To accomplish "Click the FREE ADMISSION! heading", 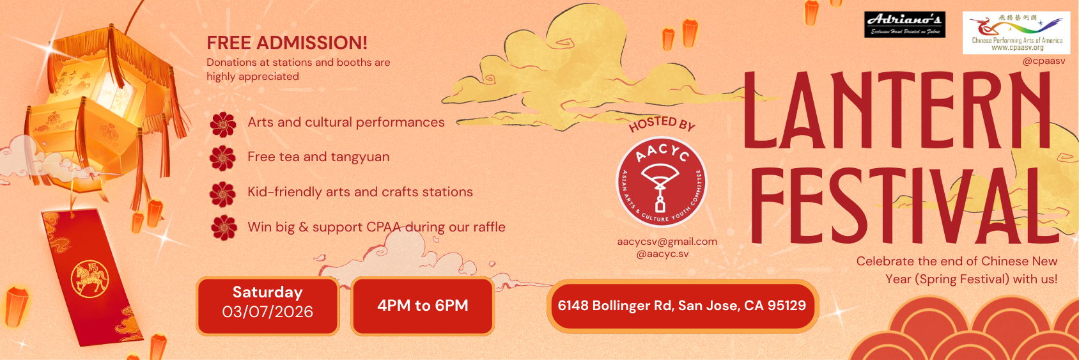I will [287, 43].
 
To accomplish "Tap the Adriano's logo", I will [904, 24].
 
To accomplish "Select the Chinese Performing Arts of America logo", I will [1016, 33].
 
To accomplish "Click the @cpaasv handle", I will [1043, 61].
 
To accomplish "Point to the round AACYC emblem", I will [661, 182].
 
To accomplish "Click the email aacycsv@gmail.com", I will [667, 242].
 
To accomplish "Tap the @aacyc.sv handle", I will [662, 254].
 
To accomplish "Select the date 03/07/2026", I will [267, 312].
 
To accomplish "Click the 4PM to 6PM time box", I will [423, 306].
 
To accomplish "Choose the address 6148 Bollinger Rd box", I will [681, 306].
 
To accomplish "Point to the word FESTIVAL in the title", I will [904, 206].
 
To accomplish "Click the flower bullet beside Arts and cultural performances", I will [223, 125].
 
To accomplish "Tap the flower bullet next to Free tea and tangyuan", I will [223, 158].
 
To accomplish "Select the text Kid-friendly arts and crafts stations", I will [360, 192].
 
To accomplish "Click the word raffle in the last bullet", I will [489, 227].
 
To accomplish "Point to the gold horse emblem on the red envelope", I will [89, 279].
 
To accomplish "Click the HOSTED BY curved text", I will [662, 123].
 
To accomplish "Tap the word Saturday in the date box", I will [267, 292].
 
